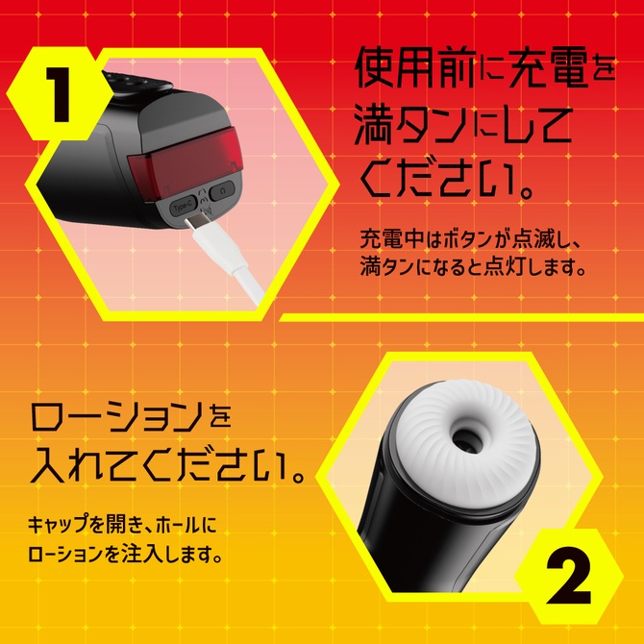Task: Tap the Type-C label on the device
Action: pyautogui.click(x=183, y=206)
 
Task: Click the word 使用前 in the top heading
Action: pyautogui.click(x=420, y=69)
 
